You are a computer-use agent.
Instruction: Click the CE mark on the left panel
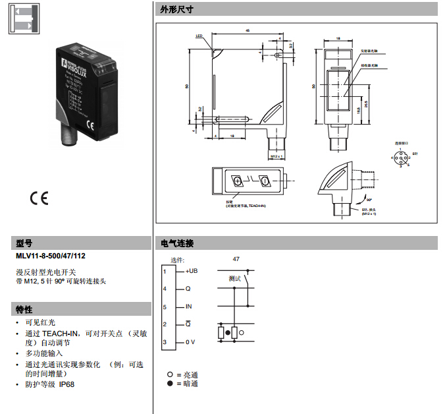(x=39, y=198)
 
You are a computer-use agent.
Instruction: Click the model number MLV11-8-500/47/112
(x=51, y=255)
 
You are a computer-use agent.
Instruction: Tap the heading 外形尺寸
(x=176, y=9)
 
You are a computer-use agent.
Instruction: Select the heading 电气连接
(x=177, y=243)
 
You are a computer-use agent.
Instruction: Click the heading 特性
(x=24, y=309)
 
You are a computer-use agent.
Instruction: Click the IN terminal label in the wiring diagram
(x=188, y=307)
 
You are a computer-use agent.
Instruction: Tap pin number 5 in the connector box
(x=165, y=307)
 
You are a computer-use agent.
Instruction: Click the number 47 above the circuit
(x=236, y=260)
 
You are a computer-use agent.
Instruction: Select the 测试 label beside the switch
(x=234, y=279)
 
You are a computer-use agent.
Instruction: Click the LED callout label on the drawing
(x=199, y=36)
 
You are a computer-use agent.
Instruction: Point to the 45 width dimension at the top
(x=247, y=30)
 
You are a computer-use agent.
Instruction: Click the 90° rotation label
(x=369, y=199)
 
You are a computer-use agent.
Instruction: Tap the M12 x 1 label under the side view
(x=276, y=156)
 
